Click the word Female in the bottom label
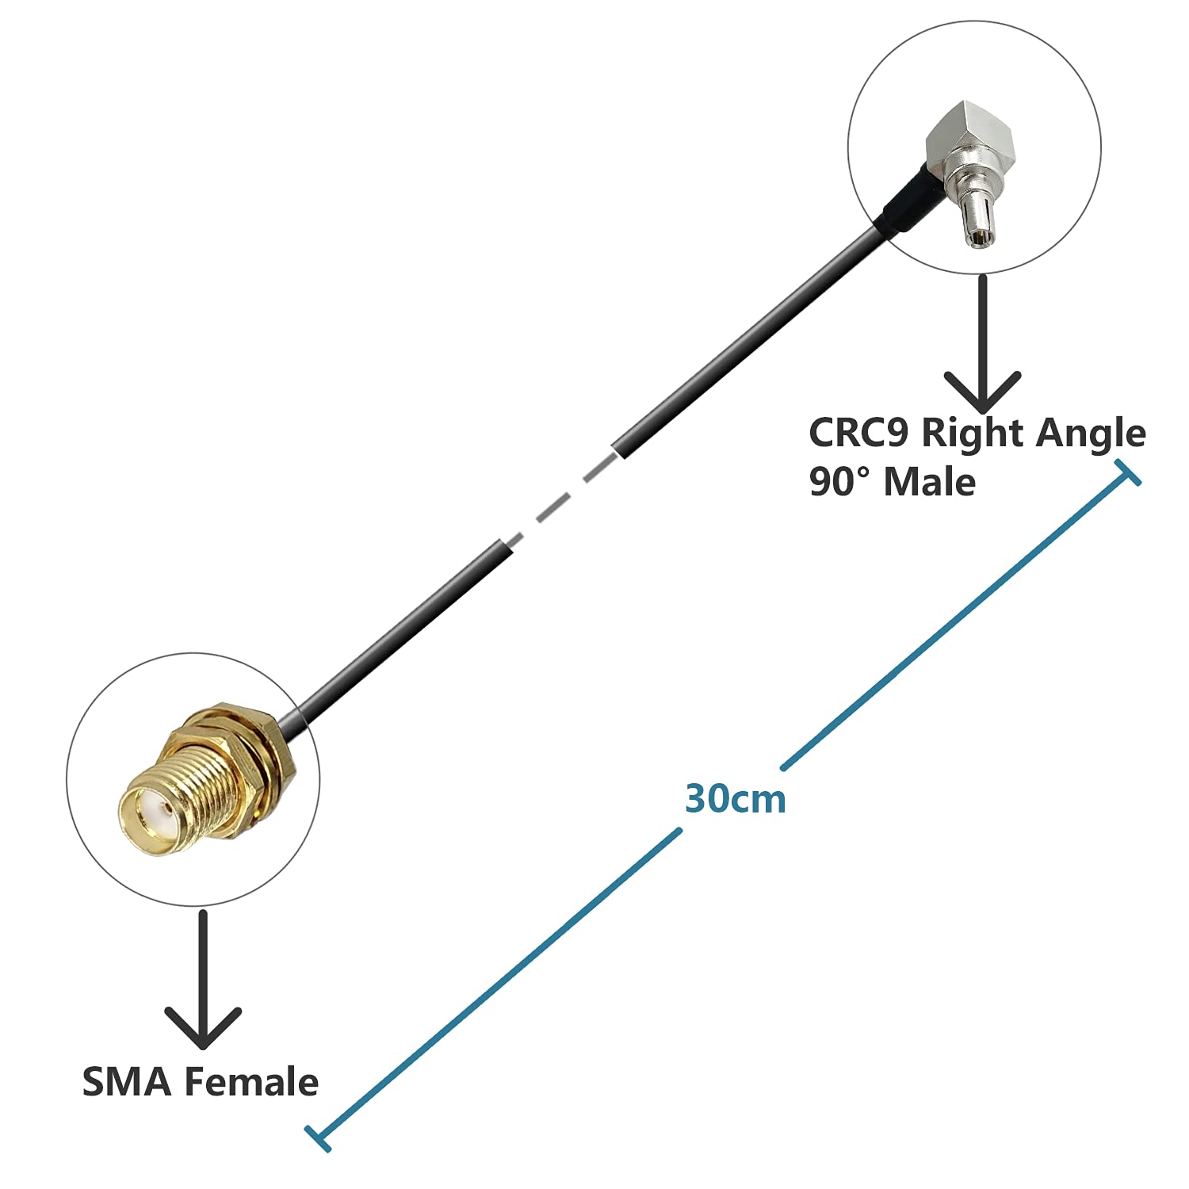pos(251,1082)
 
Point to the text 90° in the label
pos(839,481)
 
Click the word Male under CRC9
pos(929,481)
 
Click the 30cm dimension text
pos(735,799)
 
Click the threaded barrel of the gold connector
pos(198,785)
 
